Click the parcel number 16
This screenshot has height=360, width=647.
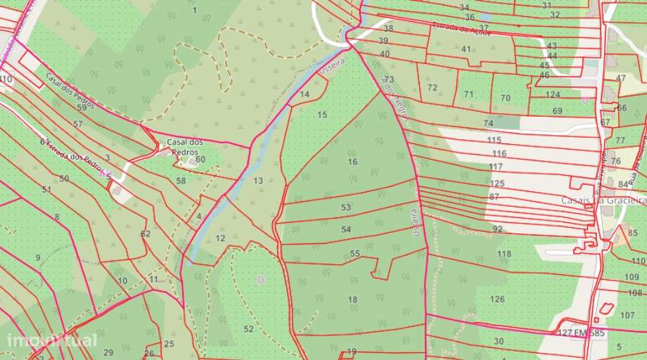tap(352, 162)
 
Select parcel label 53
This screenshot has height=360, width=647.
tap(345, 207)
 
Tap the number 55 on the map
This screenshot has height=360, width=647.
tap(354, 253)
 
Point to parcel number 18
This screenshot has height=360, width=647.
tap(352, 300)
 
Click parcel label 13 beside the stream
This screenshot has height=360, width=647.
tap(258, 181)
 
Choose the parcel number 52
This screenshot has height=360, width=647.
tap(248, 328)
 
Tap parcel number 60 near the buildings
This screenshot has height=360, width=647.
tap(200, 159)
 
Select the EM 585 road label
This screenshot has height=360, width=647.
tap(589, 331)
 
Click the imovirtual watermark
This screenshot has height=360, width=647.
tap(52, 341)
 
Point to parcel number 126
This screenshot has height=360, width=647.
tap(497, 299)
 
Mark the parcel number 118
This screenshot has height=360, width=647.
tap(504, 253)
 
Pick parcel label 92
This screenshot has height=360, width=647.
tap(497, 229)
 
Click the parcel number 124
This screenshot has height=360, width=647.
tap(553, 94)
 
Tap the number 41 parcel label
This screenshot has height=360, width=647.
tap(466, 49)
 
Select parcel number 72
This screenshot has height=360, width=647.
tap(432, 88)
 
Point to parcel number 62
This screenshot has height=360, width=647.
tap(146, 233)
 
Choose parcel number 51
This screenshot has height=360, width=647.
tap(46, 189)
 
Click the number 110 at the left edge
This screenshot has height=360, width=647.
tap(7, 80)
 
